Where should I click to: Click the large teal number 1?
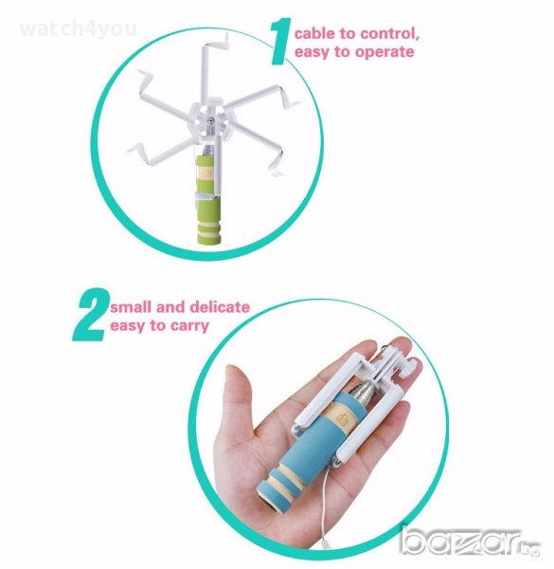point(282,42)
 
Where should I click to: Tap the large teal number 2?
point(91,314)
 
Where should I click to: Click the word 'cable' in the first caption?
point(314,33)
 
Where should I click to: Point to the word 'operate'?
point(384,52)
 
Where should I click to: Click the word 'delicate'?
point(220,307)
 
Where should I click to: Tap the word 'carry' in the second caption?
point(189,326)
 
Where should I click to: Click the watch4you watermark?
point(78,28)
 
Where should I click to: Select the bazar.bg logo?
point(471,541)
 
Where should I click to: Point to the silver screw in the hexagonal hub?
point(211,120)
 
